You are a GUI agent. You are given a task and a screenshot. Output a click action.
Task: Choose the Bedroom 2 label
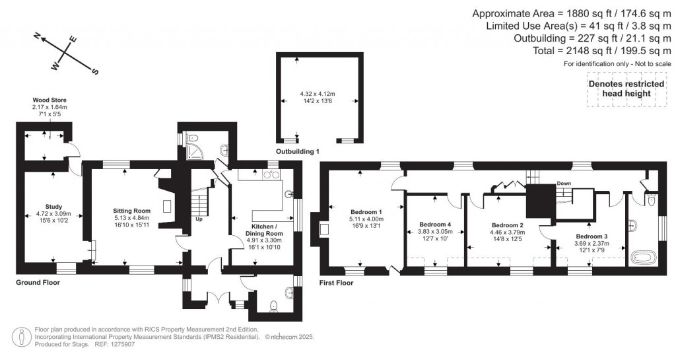coord(508,225)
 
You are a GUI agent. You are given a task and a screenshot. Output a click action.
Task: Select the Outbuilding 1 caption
coord(297,152)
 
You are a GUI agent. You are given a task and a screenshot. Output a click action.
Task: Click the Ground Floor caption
coord(37,282)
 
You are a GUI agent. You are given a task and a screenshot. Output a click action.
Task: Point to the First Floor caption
coord(336,283)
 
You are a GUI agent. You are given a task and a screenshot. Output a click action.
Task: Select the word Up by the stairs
coord(199,218)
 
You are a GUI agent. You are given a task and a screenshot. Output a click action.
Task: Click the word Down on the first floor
coord(564,184)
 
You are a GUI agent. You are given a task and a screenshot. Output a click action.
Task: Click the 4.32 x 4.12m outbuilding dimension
coord(318,93)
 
